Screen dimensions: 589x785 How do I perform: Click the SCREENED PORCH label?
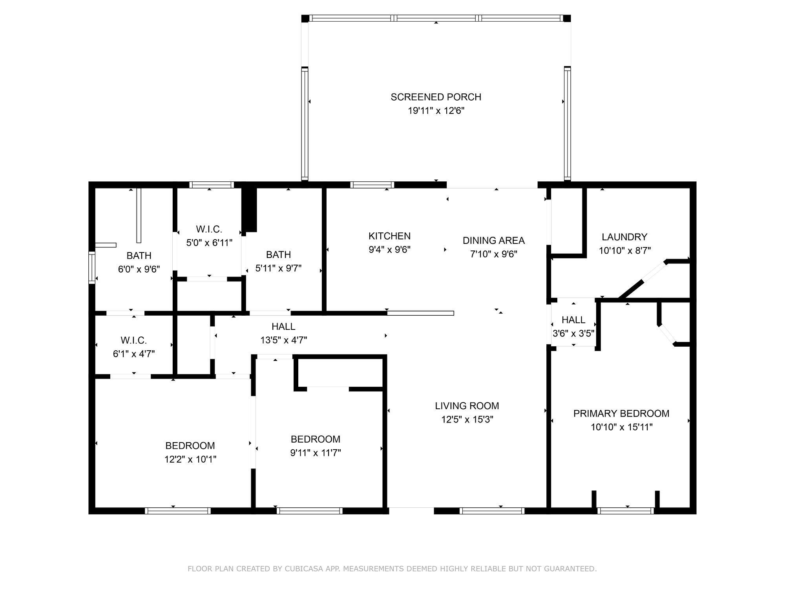pos(436,97)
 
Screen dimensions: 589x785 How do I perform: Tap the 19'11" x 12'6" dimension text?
pos(436,111)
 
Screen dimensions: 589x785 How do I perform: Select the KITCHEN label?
pos(389,236)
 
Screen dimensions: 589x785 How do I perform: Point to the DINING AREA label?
pos(493,240)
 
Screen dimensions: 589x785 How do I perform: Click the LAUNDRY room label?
pos(624,237)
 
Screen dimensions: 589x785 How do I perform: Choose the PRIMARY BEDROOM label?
pos(621,413)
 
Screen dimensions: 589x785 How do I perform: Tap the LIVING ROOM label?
pos(467,406)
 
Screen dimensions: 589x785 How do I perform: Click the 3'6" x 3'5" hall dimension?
pos(573,334)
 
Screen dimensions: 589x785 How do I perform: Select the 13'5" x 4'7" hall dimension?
pos(283,340)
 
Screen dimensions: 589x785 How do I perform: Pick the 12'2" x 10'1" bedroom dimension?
pos(190,459)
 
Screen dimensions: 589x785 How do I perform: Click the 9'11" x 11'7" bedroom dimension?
pos(315,453)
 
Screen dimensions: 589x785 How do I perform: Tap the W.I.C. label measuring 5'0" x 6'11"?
pos(209,229)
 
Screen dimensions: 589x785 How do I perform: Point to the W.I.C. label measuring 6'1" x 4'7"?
pos(133,340)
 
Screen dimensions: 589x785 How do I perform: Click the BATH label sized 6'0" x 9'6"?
pos(139,256)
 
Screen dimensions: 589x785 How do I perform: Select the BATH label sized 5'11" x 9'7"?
pos(278,254)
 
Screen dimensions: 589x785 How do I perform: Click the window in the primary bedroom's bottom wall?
pos(626,511)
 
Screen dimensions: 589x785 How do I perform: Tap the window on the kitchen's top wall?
pos(372,185)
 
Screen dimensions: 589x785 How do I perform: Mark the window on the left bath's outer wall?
pos(92,267)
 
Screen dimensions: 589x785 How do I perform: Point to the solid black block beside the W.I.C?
pos(249,210)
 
